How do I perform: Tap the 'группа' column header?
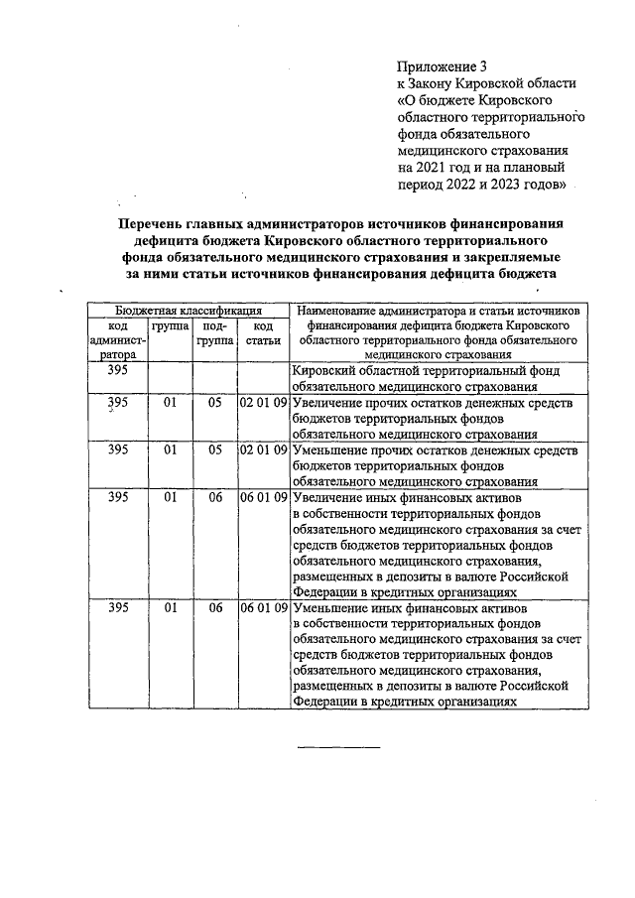point(171,325)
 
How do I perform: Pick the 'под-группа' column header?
point(214,332)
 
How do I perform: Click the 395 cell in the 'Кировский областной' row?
point(118,370)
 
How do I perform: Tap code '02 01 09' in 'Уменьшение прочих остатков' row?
point(263,449)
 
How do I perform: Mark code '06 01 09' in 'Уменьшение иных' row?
point(263,607)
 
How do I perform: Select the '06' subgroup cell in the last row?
point(214,607)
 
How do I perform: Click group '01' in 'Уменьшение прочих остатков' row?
point(171,449)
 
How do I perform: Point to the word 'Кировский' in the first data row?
point(327,370)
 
